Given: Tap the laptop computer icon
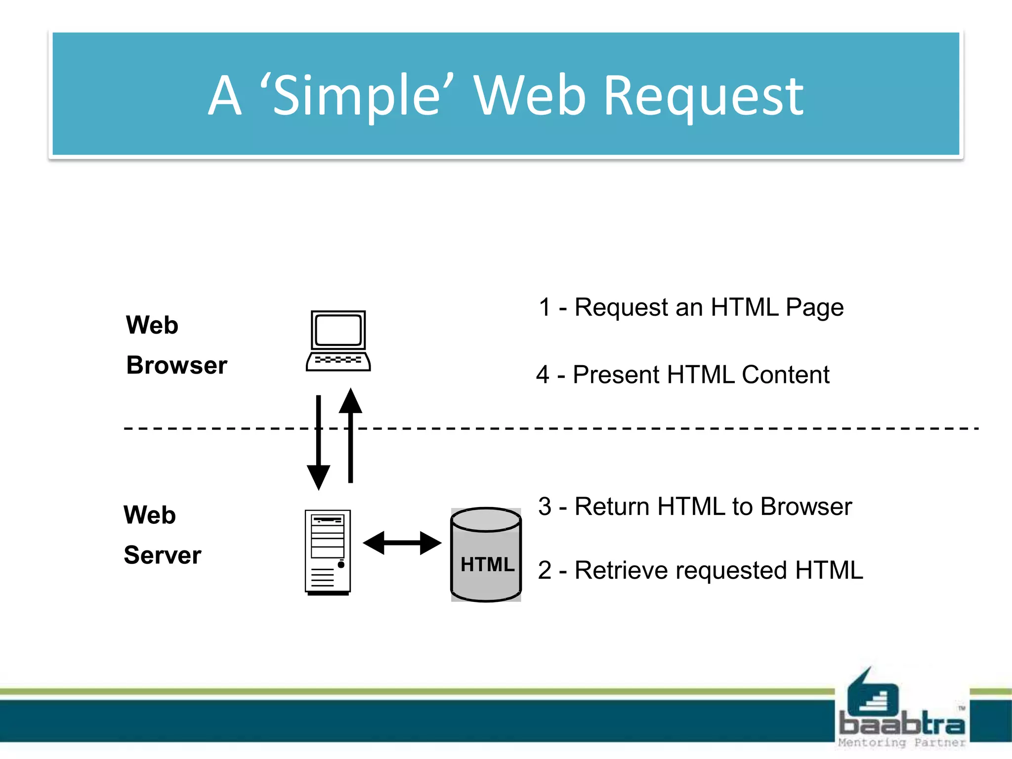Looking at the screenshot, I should (338, 341).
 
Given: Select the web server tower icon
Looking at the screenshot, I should (328, 552).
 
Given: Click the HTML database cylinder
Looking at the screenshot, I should (486, 554).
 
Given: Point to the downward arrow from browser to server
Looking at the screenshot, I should (319, 442).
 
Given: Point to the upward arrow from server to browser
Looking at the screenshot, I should (350, 435).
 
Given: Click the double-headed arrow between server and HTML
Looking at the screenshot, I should (402, 543).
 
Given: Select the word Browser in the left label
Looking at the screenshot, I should (177, 366).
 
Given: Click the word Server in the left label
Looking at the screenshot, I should (163, 555).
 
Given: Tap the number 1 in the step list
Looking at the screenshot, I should (545, 307).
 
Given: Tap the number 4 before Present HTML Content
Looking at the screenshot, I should (543, 375).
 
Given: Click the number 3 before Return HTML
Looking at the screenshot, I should (545, 506).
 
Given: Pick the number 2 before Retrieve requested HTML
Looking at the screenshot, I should (545, 570).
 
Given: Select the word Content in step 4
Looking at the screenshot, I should (785, 375).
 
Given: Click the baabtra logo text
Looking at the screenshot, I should (902, 724).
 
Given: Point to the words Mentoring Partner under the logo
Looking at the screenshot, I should (902, 743).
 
